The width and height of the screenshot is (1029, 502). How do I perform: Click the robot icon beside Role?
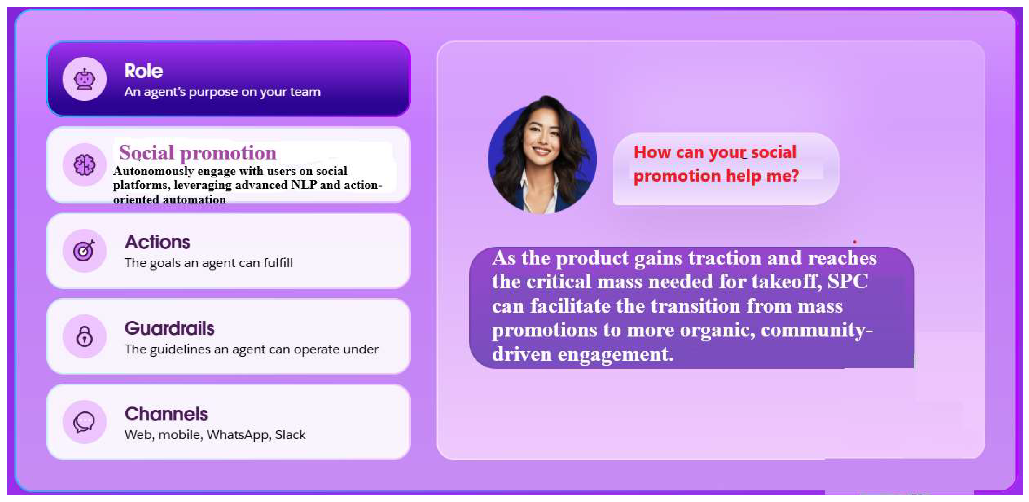84,79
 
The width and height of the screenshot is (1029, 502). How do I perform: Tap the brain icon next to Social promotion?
84,165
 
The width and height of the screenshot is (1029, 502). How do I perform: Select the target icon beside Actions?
84,250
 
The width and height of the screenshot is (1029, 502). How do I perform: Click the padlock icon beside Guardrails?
84,336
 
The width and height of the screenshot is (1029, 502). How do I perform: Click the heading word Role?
144,71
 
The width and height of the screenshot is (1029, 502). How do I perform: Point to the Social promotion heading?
197,152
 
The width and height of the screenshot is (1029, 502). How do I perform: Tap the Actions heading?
157,242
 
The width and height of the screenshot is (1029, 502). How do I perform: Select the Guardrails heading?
169,328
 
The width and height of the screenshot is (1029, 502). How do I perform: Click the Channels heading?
166,414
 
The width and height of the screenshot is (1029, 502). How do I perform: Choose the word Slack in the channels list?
290,435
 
